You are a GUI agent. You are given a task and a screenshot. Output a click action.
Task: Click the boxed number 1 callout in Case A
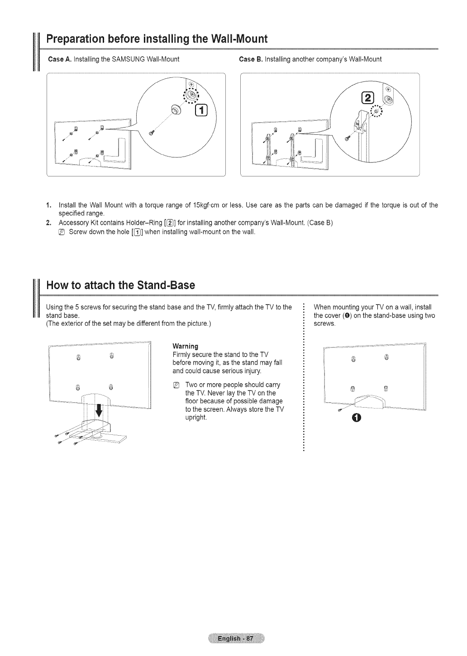coord(200,109)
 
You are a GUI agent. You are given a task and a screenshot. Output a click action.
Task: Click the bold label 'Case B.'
coord(248,59)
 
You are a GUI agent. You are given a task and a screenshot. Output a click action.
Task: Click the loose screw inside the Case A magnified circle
coord(152,132)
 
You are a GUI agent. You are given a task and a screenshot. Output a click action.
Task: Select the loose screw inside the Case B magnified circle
coord(347,138)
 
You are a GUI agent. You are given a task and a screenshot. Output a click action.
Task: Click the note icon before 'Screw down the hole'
coord(62,232)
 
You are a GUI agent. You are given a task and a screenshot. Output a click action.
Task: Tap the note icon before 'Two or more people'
coord(176,385)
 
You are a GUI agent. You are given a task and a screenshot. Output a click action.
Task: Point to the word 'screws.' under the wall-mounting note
coord(324,323)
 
